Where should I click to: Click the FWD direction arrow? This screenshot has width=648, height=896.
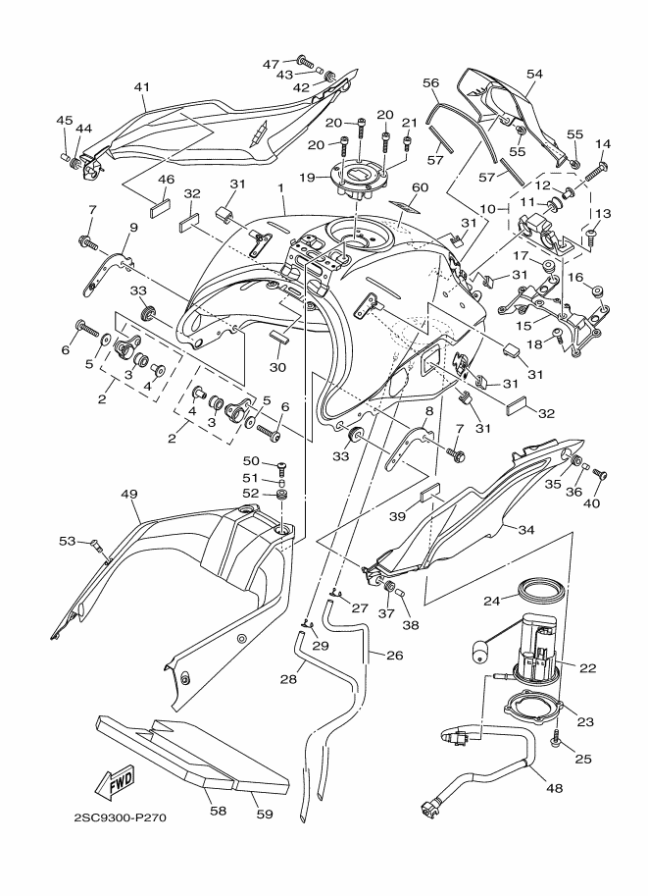(x=116, y=782)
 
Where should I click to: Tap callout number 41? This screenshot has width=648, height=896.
(x=141, y=87)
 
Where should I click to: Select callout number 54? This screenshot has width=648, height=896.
(x=534, y=74)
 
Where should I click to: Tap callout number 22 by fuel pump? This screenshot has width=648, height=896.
(x=588, y=667)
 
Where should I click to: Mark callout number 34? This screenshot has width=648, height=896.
(x=525, y=529)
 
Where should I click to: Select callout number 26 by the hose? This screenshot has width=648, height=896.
(x=395, y=655)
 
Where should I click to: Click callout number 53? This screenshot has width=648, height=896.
(x=67, y=540)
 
